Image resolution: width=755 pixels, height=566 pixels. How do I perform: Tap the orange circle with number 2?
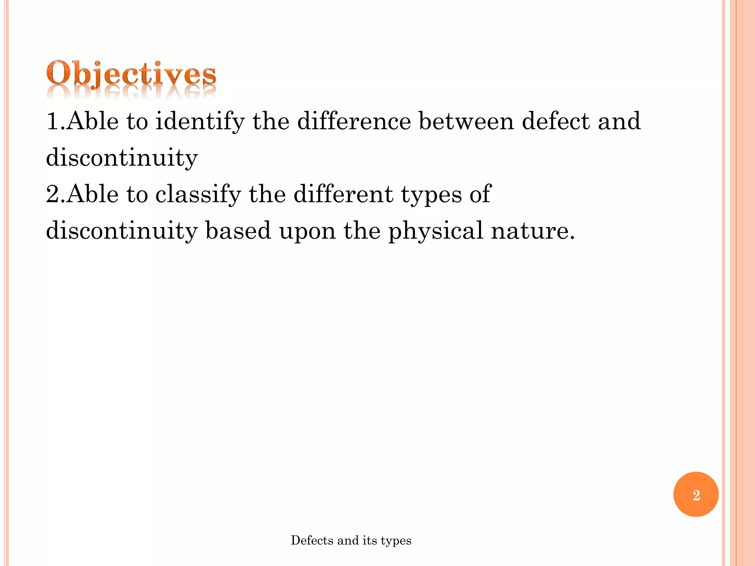coord(696,494)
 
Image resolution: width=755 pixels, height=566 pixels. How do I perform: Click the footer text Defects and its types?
coord(351,540)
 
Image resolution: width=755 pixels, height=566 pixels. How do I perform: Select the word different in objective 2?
coord(343,194)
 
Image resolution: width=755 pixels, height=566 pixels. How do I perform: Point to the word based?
coord(238,231)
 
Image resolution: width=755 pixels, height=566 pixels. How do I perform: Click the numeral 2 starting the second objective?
coord(53,194)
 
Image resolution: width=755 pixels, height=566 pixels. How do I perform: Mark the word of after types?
coord(480,194)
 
